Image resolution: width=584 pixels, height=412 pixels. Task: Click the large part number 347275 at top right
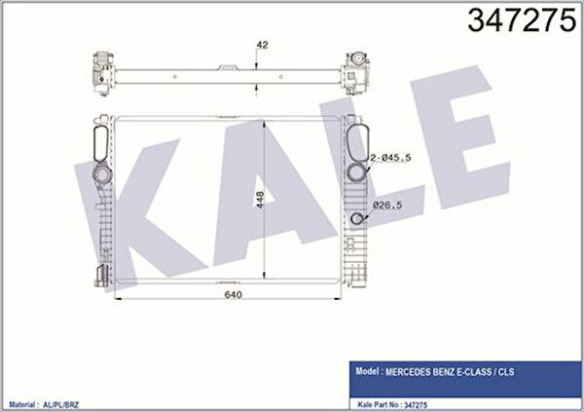(x=522, y=20)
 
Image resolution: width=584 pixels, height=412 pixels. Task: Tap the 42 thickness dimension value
(x=262, y=45)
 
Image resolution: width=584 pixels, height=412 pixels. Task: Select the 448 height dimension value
(x=260, y=200)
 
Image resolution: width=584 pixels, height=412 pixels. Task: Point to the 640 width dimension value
(x=234, y=294)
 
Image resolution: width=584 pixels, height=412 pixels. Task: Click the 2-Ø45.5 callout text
(x=390, y=158)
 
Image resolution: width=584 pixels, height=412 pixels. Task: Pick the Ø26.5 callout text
(x=387, y=206)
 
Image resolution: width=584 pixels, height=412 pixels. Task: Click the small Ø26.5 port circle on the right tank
(x=357, y=218)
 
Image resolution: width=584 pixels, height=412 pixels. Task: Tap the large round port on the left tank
(x=101, y=173)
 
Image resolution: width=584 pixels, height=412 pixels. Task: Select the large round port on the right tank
(x=356, y=171)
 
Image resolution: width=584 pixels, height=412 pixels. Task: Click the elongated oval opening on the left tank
(x=100, y=144)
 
